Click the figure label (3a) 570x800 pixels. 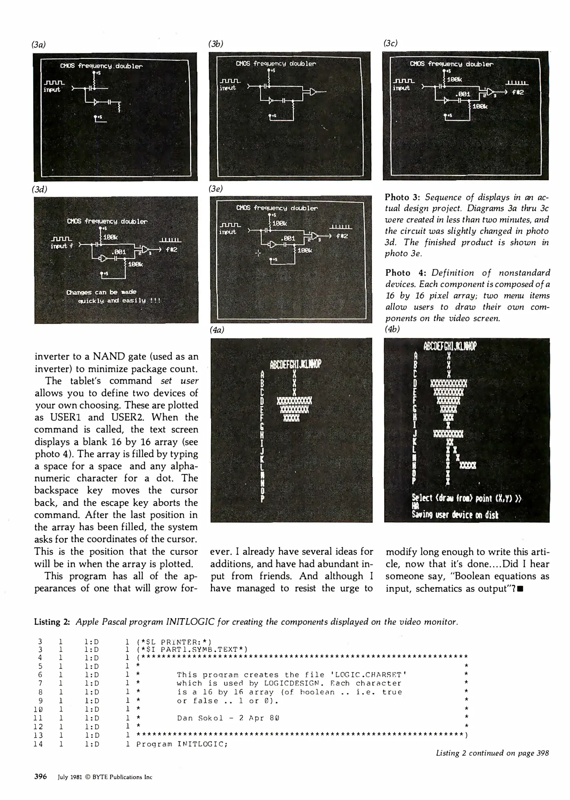(38, 44)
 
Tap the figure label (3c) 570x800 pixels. (390, 43)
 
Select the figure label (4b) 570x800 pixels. (392, 329)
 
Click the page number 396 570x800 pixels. (40, 776)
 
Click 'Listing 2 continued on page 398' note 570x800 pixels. (492, 753)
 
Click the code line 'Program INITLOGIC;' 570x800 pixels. (182, 744)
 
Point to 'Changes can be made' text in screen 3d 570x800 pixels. (101, 292)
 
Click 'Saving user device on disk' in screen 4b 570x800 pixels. (455, 515)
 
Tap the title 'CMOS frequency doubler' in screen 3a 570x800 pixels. (101, 66)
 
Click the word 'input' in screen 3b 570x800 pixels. (228, 88)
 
